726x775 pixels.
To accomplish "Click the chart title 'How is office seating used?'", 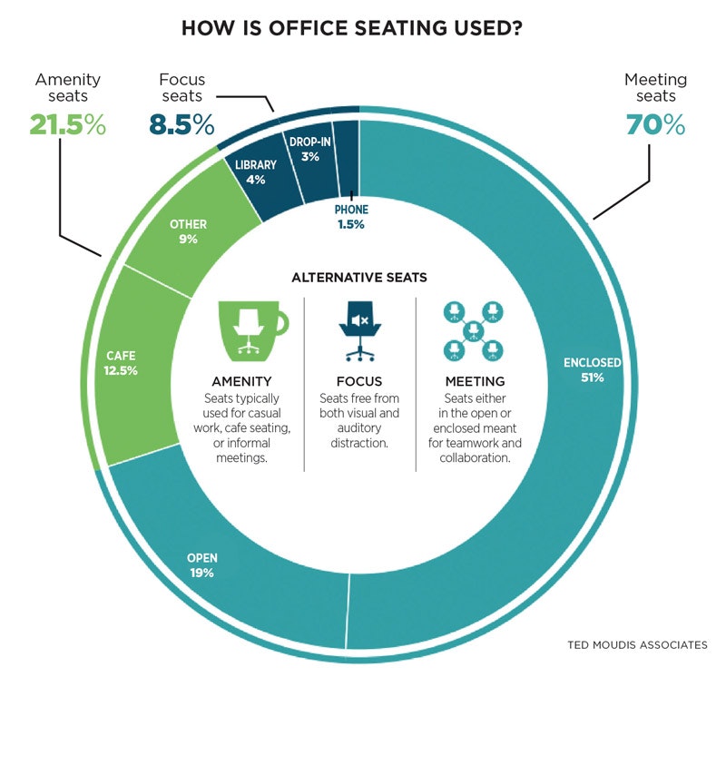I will tap(351, 28).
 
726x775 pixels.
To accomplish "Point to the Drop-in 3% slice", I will tap(310, 150).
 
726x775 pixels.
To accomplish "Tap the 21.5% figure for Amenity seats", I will tap(68, 125).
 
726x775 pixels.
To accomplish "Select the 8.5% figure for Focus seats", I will tap(181, 124).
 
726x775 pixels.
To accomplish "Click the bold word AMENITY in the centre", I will tap(241, 381).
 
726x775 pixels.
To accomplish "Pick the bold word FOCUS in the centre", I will tap(358, 381).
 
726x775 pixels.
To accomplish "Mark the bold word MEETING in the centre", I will tap(475, 381).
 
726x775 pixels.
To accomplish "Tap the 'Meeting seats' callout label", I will tap(655, 87).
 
